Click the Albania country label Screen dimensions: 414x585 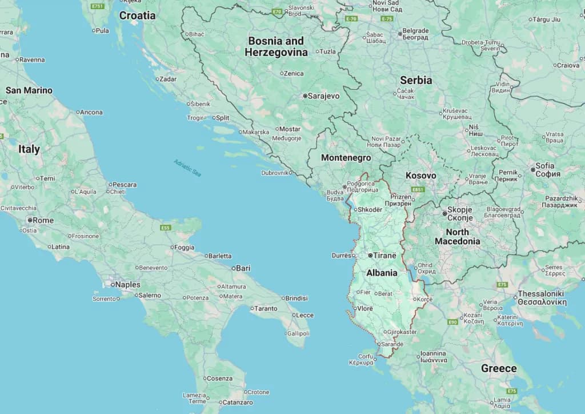point(382,273)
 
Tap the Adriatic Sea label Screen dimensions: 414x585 point(188,167)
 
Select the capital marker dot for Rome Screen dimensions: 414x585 point(30,220)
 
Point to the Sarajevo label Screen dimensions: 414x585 point(323,96)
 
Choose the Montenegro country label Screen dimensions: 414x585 point(346,158)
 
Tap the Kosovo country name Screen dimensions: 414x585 point(420,176)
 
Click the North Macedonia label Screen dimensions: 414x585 point(457,237)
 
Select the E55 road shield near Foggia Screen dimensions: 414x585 point(166,228)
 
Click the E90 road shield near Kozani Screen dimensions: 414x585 point(452,323)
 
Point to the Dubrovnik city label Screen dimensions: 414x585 point(275,173)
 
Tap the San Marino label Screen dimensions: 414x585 point(29,90)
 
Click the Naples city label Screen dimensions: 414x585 point(127,284)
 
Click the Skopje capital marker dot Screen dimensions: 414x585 point(444,213)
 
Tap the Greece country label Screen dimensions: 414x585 point(498,368)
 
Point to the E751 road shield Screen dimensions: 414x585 point(98,6)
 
